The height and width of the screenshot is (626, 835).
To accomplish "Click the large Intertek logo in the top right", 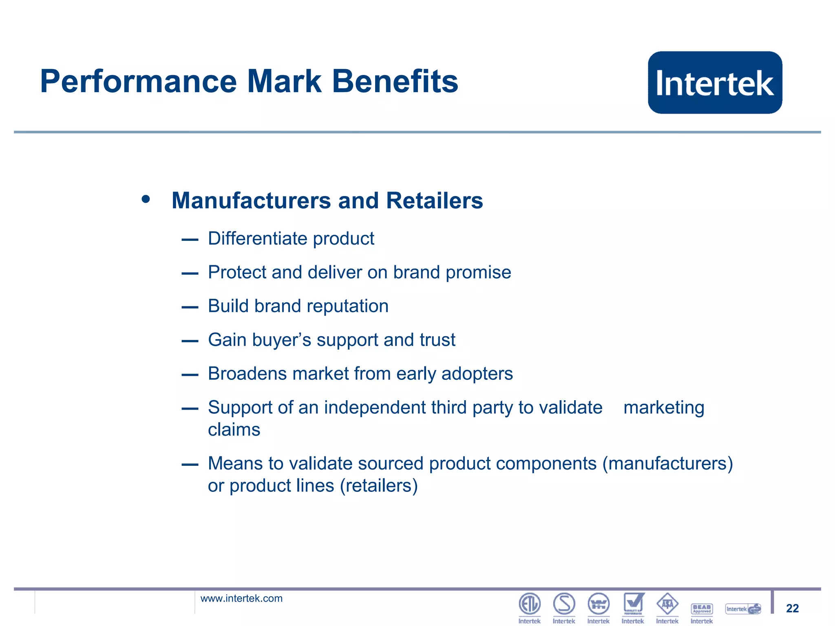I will [x=715, y=82].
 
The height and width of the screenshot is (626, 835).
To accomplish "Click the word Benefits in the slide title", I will [x=395, y=81].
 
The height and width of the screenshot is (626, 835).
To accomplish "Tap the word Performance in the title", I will [x=138, y=82].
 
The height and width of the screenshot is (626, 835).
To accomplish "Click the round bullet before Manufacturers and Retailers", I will [x=146, y=200].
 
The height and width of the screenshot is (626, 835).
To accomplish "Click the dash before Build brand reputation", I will [x=190, y=307].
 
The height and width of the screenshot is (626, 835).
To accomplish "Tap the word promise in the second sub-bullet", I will [x=478, y=273].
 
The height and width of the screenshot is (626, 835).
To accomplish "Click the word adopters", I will [x=477, y=374].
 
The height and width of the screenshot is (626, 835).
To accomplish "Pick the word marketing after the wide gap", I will [x=664, y=408].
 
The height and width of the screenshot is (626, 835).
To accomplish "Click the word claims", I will [x=234, y=430].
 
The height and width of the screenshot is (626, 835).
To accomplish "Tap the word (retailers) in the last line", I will [x=379, y=486].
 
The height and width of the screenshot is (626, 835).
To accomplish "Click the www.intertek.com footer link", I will [x=241, y=598].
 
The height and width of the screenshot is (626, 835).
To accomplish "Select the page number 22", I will [x=792, y=608].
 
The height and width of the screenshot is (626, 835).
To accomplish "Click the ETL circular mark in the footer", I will [x=529, y=604].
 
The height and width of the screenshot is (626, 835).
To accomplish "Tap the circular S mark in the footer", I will [x=564, y=604].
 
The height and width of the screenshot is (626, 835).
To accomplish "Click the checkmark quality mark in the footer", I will [x=633, y=603].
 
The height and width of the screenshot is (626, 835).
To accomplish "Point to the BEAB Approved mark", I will [x=702, y=608].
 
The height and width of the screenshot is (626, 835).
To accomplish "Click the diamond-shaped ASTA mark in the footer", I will [x=667, y=604].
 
